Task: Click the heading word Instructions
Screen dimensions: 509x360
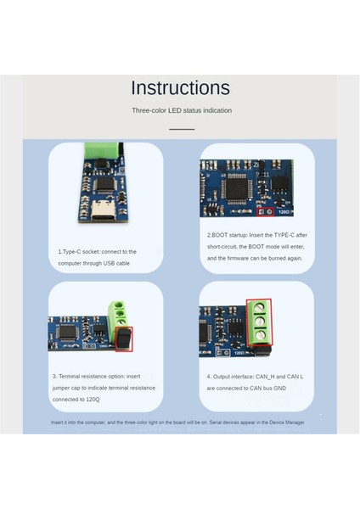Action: click(180, 87)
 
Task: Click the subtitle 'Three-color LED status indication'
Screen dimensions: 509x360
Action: click(181, 110)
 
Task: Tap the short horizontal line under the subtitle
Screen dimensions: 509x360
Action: click(181, 129)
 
